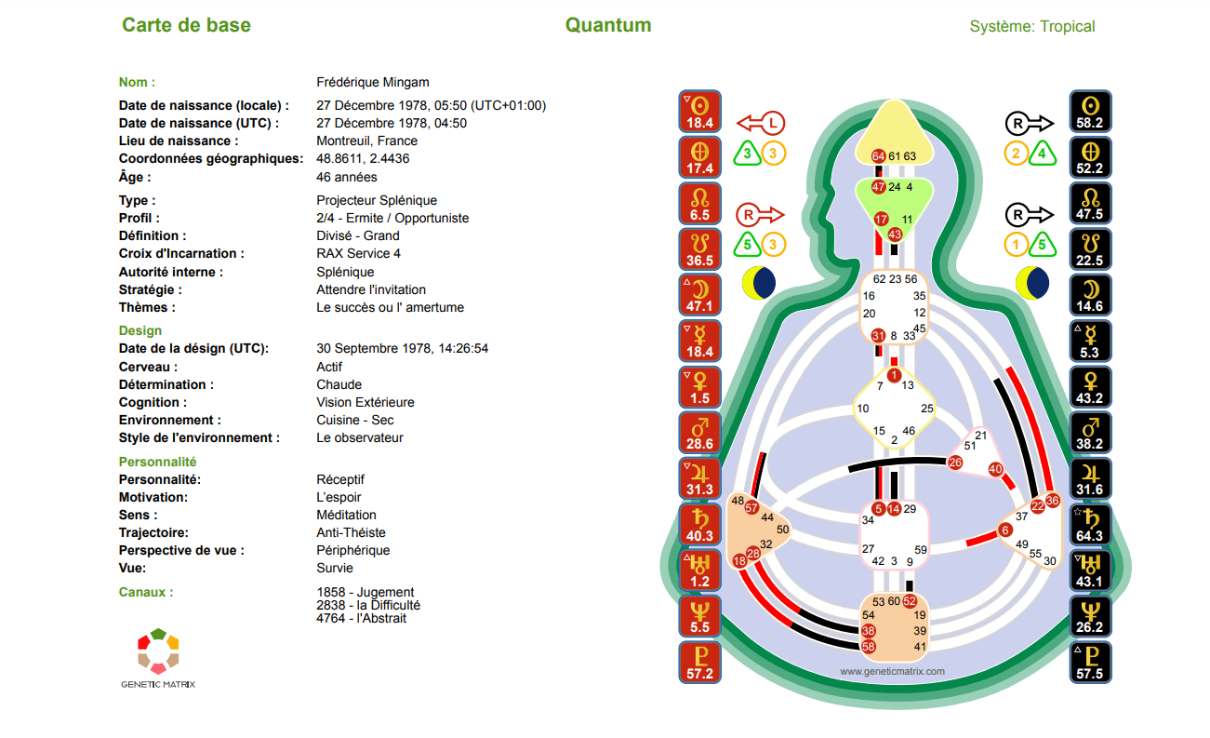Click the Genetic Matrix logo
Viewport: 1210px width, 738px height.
(x=158, y=657)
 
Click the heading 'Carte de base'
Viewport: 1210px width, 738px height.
(x=186, y=25)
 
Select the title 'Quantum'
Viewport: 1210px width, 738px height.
(x=608, y=25)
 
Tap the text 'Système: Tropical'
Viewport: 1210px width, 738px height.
(x=1032, y=26)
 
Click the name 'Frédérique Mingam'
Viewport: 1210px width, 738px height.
(x=373, y=82)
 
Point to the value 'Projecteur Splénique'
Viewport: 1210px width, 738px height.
(x=377, y=200)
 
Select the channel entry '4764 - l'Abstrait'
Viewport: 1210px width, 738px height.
(x=362, y=618)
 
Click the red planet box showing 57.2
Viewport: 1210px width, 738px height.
(x=699, y=663)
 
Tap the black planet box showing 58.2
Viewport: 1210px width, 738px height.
(x=1090, y=112)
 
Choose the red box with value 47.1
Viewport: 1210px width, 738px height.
(x=699, y=295)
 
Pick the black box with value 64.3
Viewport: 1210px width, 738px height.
(x=1090, y=525)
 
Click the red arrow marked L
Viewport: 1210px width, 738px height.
(x=761, y=123)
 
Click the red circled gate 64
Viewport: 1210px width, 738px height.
(x=878, y=156)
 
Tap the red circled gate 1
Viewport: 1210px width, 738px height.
(x=894, y=375)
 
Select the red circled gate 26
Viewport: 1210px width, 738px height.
(x=955, y=463)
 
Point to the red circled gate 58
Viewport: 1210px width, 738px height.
(x=868, y=647)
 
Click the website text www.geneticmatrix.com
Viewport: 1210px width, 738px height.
(x=892, y=672)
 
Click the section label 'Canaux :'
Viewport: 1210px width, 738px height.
(x=146, y=592)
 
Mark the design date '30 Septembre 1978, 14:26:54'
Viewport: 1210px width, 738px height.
(x=402, y=348)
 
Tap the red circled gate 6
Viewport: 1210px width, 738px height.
(x=1005, y=530)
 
